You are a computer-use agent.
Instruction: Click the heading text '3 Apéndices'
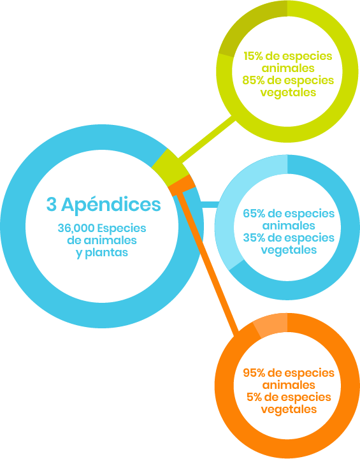click(x=104, y=205)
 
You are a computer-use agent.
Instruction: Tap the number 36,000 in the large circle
click(x=76, y=228)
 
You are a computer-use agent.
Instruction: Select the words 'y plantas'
click(x=102, y=253)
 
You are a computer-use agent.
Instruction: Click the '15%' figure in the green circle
click(x=253, y=56)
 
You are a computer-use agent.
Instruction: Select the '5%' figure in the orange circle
click(x=256, y=397)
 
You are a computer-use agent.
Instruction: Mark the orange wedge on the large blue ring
click(x=183, y=186)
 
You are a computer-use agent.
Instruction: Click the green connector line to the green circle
click(x=206, y=140)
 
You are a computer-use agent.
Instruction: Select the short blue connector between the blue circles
click(x=209, y=205)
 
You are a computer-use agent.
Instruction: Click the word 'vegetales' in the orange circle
click(x=289, y=409)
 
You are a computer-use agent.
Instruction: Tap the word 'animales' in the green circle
click(x=288, y=68)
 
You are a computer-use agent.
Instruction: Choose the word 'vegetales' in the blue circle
click(x=289, y=251)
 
